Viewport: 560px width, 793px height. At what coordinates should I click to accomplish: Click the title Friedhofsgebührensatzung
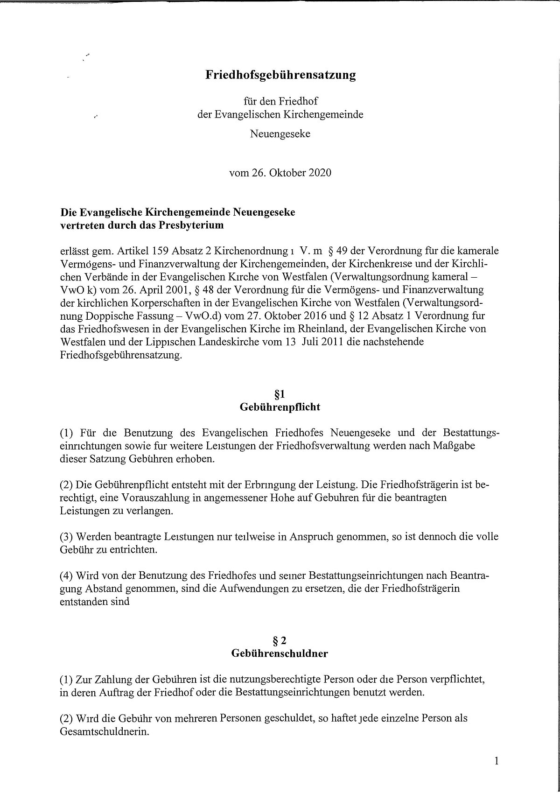tap(280, 75)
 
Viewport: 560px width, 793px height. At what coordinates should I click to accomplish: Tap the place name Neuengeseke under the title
tap(280, 134)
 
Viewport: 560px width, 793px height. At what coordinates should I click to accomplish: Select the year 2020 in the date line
tap(320, 173)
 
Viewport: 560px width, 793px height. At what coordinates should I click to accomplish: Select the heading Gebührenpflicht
tap(280, 407)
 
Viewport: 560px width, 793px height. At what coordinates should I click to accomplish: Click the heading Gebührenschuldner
tap(280, 653)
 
